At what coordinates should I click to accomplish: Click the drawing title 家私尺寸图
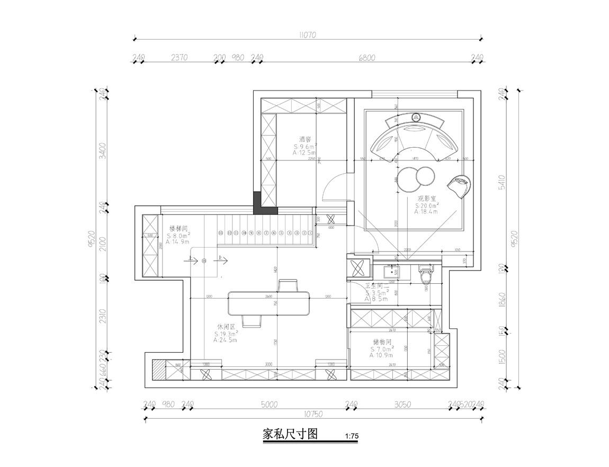290,435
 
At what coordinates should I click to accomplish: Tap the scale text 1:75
352,436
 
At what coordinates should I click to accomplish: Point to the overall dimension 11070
307,35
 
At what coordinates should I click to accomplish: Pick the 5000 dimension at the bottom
269,405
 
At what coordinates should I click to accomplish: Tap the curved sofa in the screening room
415,139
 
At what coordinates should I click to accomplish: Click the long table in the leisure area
269,303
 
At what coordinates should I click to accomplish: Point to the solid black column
258,202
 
